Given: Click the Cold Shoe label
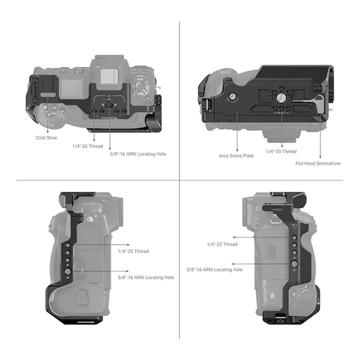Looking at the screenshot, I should click(46, 137).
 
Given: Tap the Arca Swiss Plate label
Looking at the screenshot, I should click(236, 155).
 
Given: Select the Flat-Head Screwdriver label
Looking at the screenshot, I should click(318, 164).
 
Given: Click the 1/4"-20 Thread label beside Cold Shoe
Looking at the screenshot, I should click(88, 146).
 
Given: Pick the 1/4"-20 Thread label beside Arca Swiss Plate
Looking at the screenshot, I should click(281, 151).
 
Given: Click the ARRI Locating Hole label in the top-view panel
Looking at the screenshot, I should click(138, 154).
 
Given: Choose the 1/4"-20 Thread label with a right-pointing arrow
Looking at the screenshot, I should click(133, 251).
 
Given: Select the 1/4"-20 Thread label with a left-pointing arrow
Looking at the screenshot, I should click(222, 244).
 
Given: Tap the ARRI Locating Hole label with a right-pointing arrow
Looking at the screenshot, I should click(146, 277).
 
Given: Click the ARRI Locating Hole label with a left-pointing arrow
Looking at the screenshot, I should click(214, 269).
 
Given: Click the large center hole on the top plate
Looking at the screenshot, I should click(109, 104).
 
